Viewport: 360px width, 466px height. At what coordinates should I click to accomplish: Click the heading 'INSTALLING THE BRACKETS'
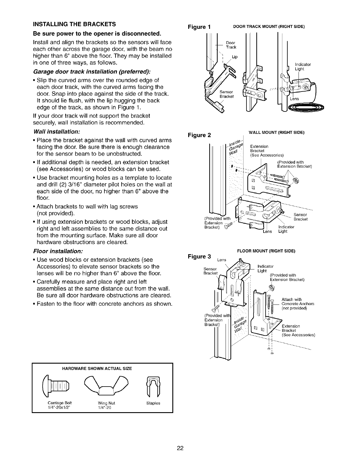[74, 24]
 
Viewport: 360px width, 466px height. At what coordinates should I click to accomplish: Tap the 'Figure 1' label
[199, 27]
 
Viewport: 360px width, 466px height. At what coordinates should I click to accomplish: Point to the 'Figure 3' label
[199, 256]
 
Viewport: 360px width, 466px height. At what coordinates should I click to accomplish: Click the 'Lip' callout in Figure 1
[235, 57]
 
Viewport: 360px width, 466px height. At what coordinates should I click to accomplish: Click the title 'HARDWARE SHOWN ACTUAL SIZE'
[102, 369]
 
